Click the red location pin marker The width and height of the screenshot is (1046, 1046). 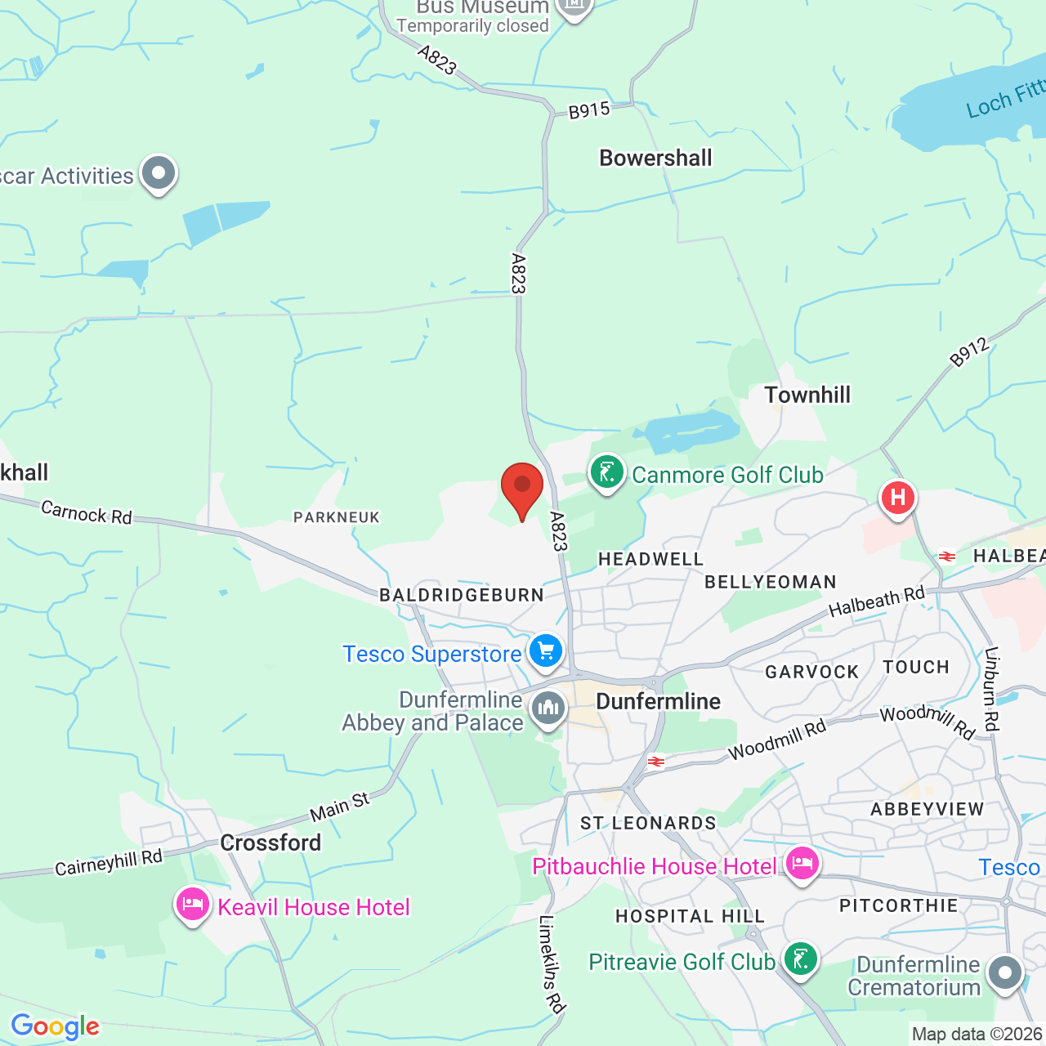(x=521, y=488)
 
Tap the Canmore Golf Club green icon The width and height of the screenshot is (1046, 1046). (x=607, y=473)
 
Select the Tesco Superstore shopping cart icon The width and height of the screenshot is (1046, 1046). (x=547, y=652)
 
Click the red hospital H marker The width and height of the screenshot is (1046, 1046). (x=897, y=497)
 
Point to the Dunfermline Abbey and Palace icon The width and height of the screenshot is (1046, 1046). (x=548, y=709)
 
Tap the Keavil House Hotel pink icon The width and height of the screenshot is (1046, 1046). (x=192, y=905)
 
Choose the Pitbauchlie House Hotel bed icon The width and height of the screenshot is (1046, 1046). (x=802, y=864)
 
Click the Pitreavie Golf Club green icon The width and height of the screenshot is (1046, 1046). (x=801, y=959)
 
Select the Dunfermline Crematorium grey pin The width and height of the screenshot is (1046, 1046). (x=1005, y=973)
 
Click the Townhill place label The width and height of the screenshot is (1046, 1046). (x=807, y=395)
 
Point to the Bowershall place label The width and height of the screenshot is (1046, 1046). (x=655, y=158)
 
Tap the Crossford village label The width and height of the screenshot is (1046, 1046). (x=270, y=843)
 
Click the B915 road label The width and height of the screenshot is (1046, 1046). (x=589, y=110)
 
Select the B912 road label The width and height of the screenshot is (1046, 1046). (x=969, y=352)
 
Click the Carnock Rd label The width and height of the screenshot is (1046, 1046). (x=87, y=512)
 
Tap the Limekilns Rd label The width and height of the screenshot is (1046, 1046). (x=552, y=964)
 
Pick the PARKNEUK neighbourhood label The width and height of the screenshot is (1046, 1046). (x=337, y=517)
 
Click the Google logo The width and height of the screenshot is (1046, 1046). (x=55, y=1026)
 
